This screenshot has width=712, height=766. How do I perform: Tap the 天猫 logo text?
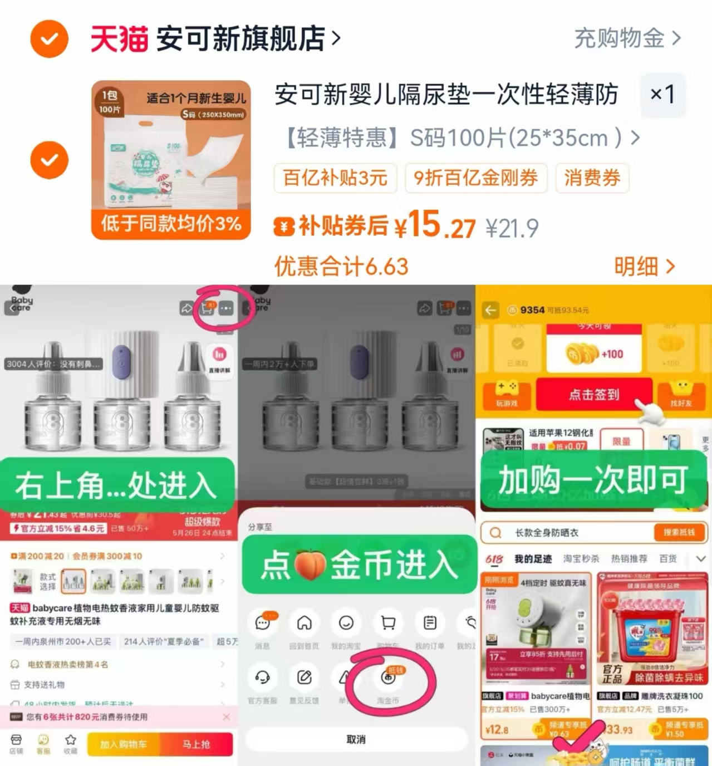coord(119,38)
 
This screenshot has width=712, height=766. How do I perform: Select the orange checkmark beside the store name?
coord(50,38)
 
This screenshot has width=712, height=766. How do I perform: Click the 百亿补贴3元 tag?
coord(335,178)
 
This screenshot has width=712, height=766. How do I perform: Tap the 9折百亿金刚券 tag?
coord(476,178)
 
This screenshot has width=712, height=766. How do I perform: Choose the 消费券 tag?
coord(592,178)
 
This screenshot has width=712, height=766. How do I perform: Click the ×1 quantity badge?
coord(662,94)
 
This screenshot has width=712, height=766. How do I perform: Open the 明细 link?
coord(644,267)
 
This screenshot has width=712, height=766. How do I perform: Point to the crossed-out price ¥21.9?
coord(512,228)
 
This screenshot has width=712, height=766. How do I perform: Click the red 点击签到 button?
coord(593,394)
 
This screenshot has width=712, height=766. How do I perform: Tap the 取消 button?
coord(356,739)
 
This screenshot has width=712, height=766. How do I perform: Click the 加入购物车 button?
coord(124,744)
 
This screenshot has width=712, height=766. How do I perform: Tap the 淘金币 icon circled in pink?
coord(388,677)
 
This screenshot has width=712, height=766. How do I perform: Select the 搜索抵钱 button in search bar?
coord(679,532)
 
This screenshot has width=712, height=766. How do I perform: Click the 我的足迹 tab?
coord(533,559)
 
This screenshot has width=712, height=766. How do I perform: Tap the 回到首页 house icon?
coord(304,623)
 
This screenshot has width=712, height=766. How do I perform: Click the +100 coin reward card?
coord(594,354)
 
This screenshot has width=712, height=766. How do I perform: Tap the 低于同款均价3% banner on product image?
coord(171,224)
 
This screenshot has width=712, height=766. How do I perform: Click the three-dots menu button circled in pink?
coord(226,308)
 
